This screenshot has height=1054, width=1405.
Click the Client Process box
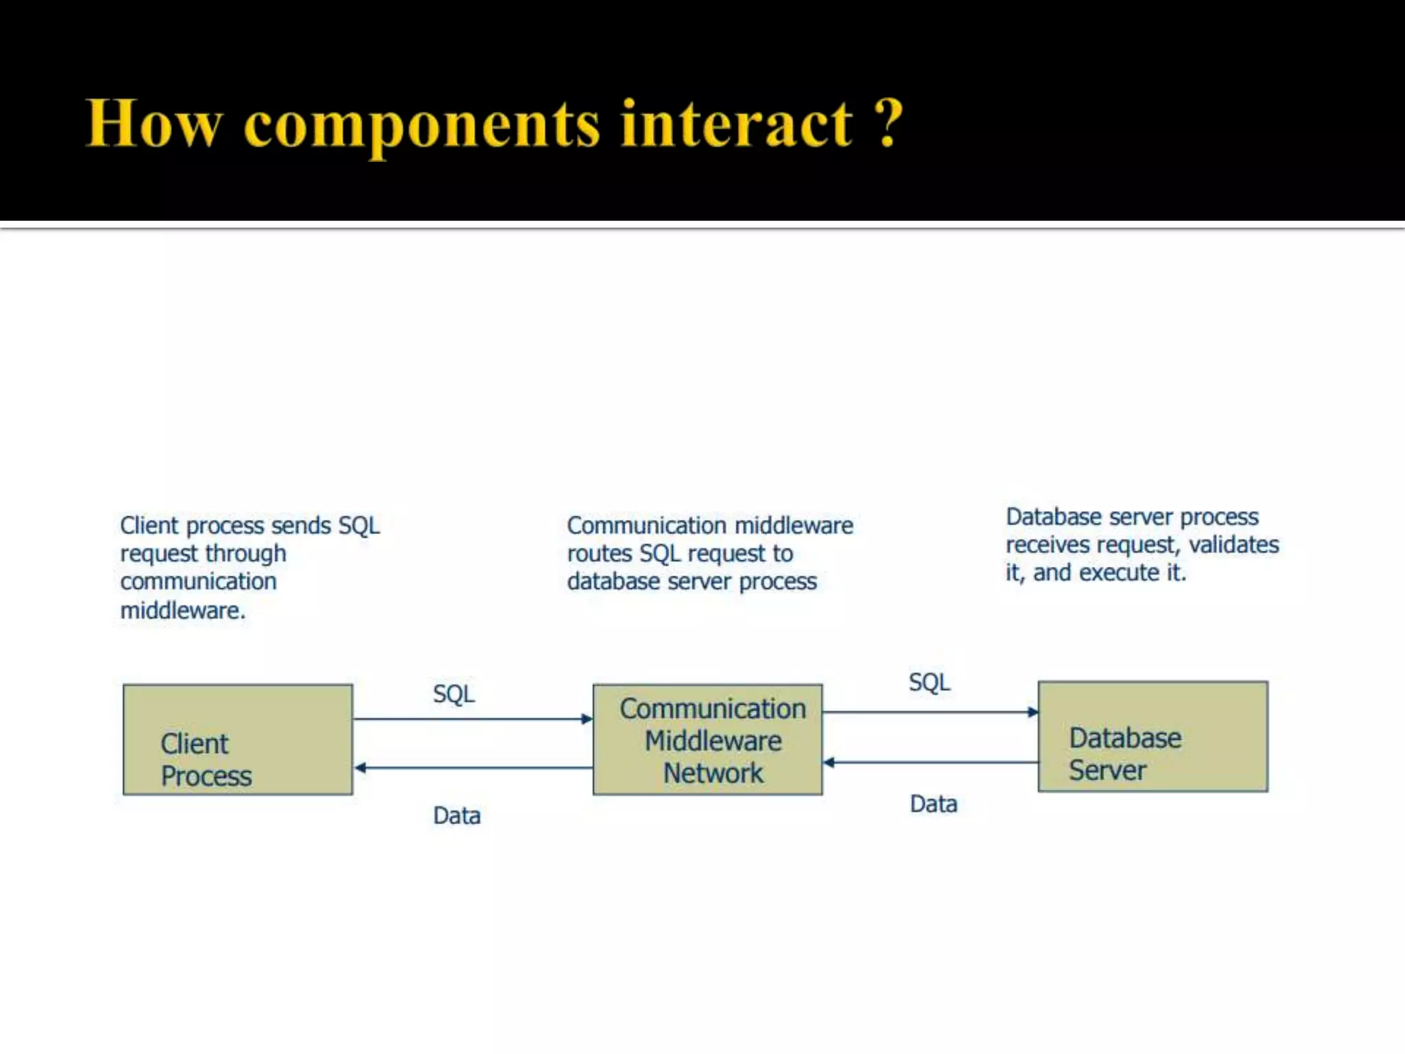tap(237, 739)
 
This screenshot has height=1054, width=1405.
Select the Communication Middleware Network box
tap(707, 739)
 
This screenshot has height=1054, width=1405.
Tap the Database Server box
tap(1153, 736)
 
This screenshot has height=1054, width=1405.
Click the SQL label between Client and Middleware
tap(453, 694)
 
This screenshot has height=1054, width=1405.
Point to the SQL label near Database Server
tap(930, 682)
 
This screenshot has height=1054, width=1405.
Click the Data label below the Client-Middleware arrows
tap(457, 815)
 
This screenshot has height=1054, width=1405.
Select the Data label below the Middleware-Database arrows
tap(933, 804)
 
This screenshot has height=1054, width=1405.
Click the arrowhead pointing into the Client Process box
tap(360, 767)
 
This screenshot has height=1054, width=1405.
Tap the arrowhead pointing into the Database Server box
tap(1032, 712)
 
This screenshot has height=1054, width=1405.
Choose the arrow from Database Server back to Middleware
tap(933, 762)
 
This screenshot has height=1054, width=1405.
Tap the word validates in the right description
tap(1233, 544)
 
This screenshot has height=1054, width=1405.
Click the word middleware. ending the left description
tap(182, 610)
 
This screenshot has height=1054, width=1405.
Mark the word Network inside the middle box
tap(713, 773)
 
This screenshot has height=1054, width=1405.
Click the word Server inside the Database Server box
tap(1107, 770)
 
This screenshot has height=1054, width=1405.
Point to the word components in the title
tap(421, 126)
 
